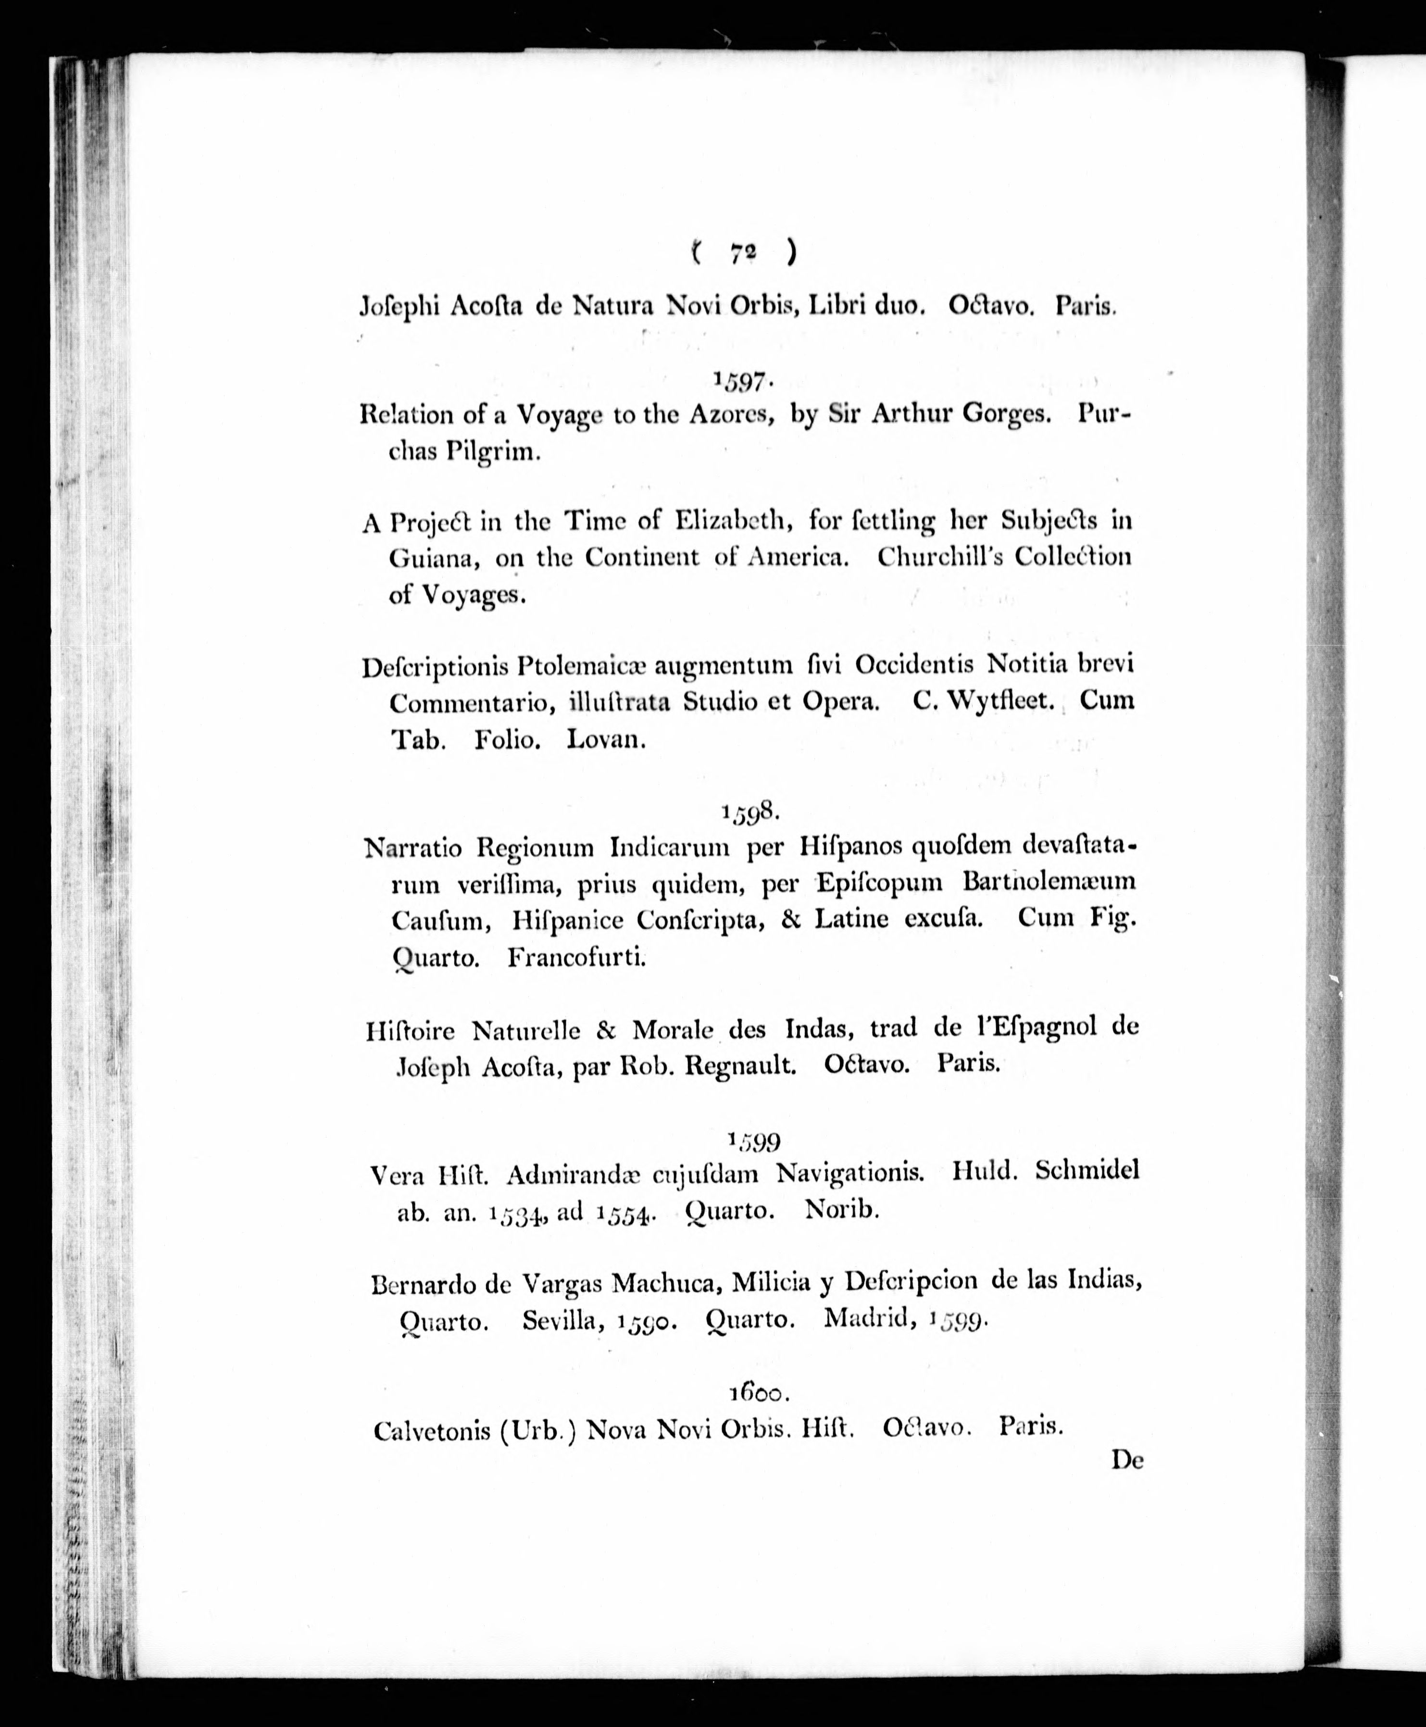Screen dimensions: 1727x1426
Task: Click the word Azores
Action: click(732, 414)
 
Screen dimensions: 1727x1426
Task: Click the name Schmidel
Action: click(1087, 1170)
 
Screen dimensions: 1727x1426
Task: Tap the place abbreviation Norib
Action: click(842, 1210)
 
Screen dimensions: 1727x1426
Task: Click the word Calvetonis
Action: click(432, 1430)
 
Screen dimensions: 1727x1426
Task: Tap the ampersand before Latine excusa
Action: click(791, 918)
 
